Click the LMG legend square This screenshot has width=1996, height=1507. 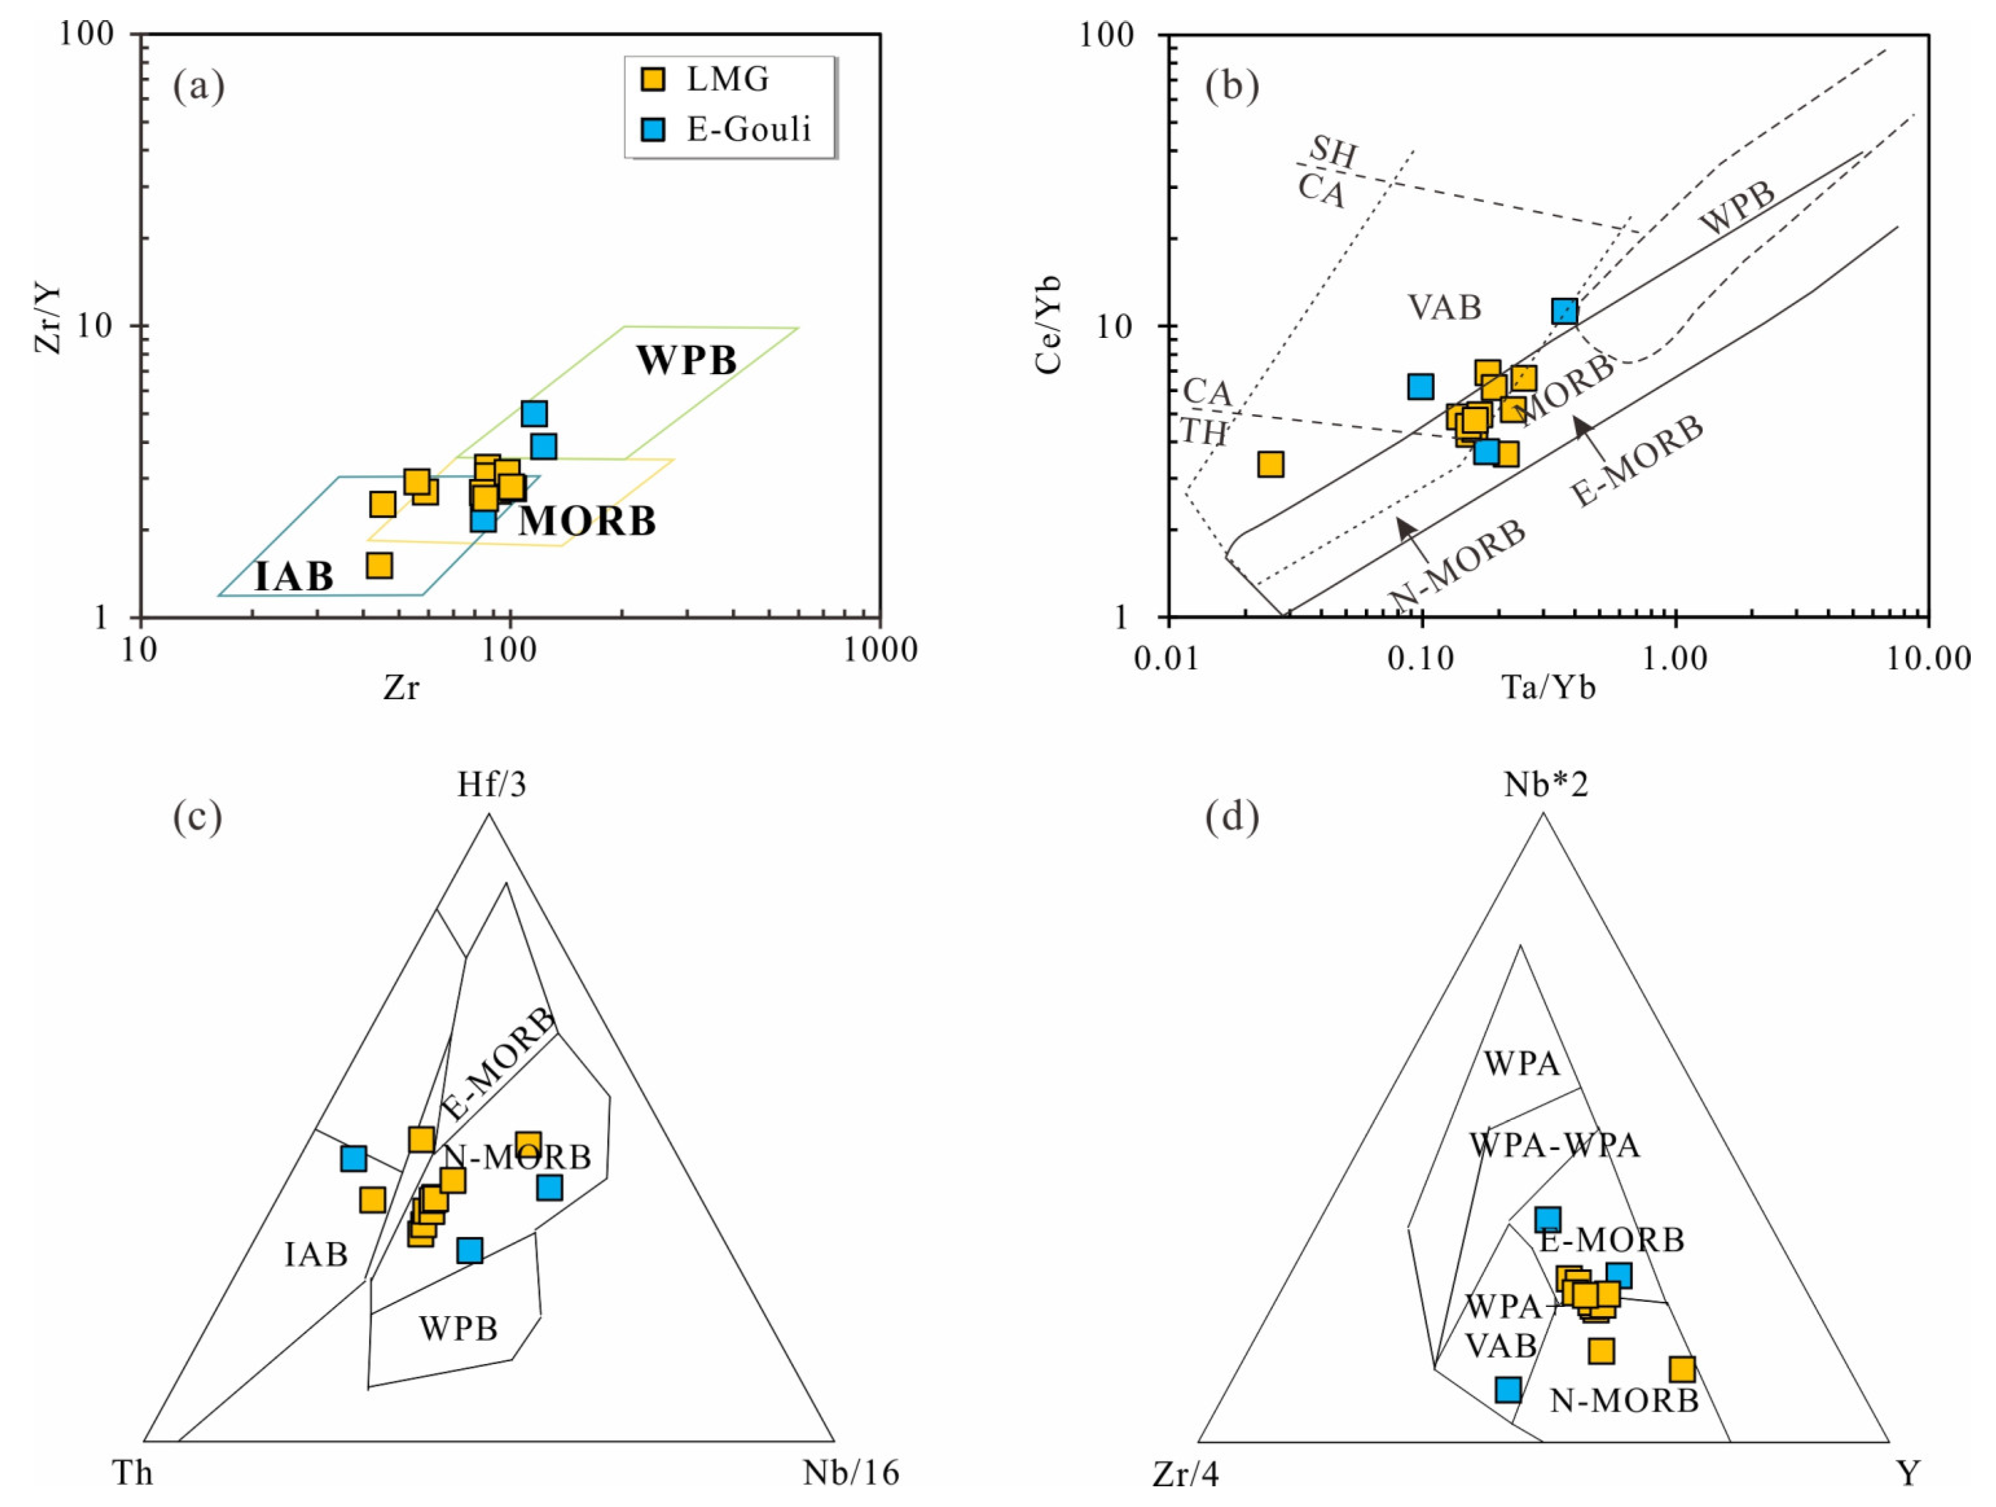coord(652,80)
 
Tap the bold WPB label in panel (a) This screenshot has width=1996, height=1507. coord(687,360)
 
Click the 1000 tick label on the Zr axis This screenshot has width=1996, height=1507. coord(880,650)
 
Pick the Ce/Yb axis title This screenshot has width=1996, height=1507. coord(1049,325)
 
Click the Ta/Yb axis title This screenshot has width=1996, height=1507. coord(1548,689)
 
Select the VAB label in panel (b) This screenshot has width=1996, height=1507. coord(1445,307)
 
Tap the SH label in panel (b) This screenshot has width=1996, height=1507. coord(1333,151)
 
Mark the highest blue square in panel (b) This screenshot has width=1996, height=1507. coord(1565,312)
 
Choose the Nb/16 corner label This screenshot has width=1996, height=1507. coord(851,1473)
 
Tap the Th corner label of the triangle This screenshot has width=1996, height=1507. coord(133,1473)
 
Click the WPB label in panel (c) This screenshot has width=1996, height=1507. coord(458,1328)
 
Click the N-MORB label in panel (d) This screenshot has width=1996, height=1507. coord(1625,1401)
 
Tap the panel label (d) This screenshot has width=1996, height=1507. coord(1232,817)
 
